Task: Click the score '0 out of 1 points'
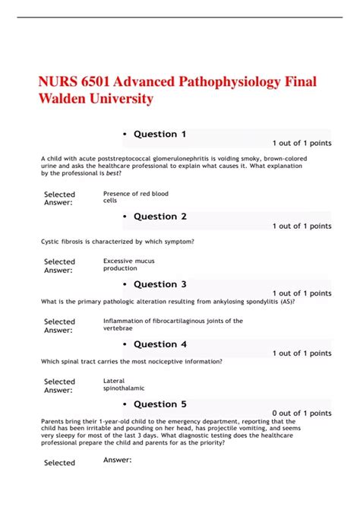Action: [302, 413]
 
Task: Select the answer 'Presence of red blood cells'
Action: [135, 198]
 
